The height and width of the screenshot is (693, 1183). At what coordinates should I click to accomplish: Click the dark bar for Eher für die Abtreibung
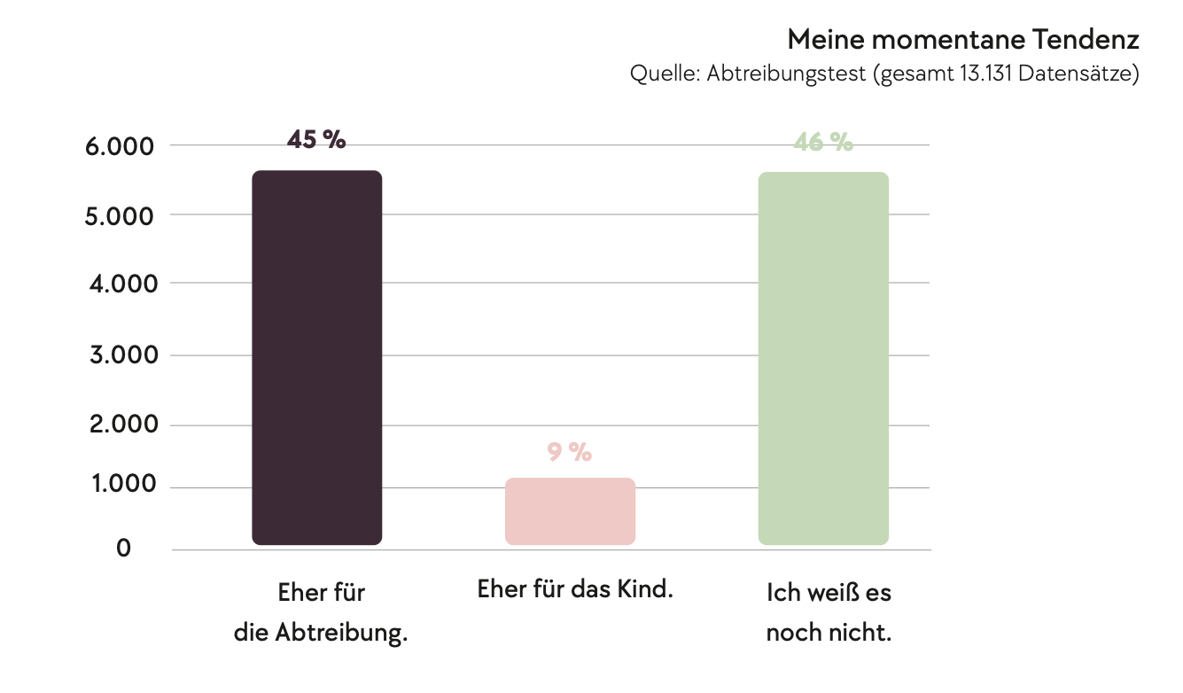coord(316,357)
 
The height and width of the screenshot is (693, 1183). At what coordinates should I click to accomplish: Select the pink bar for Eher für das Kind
coord(570,511)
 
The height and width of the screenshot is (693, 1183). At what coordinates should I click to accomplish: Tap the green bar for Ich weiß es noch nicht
coord(823,358)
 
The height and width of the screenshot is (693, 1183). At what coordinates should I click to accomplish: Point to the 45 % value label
coord(316,139)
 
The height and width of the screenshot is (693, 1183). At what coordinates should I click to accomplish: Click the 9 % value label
coord(569,452)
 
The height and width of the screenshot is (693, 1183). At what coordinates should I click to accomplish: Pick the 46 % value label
coord(823,142)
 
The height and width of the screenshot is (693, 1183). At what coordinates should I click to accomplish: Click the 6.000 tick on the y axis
coord(121,146)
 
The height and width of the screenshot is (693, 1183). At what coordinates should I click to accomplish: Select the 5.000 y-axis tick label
coord(121,216)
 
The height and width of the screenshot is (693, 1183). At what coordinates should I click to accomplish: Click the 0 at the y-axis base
coord(123,549)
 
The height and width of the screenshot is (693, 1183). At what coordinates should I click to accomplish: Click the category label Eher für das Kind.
coord(575,589)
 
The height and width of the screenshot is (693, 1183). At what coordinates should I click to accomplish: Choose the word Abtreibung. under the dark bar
coord(341,634)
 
